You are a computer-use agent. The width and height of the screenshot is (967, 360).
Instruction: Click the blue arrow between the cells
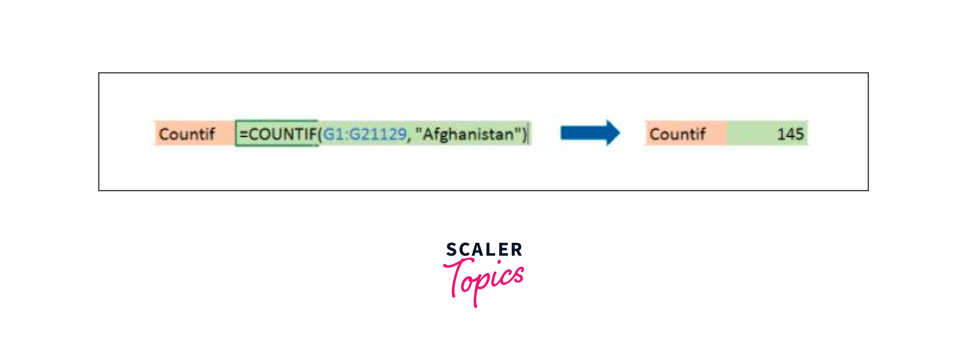[589, 133]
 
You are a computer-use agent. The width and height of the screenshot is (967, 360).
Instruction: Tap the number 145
[790, 134]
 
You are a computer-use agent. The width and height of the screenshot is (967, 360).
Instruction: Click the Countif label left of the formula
[187, 134]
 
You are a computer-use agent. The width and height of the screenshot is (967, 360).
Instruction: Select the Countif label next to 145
[677, 134]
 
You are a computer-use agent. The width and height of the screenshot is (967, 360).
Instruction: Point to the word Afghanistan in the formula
[468, 134]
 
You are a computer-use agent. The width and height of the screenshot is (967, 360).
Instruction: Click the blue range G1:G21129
[365, 134]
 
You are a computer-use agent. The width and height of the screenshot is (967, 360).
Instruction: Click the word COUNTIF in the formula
[283, 134]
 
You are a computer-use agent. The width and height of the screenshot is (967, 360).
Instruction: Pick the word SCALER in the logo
[484, 250]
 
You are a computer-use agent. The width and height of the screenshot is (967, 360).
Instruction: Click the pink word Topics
[484, 280]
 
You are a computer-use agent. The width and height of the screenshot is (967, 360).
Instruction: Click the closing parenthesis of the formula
[524, 134]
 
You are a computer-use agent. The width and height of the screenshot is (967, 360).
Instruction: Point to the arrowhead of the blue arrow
[613, 133]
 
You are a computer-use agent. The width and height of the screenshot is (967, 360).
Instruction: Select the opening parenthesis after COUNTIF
[320, 134]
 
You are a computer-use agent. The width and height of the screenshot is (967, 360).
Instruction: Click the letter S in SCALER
[452, 250]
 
